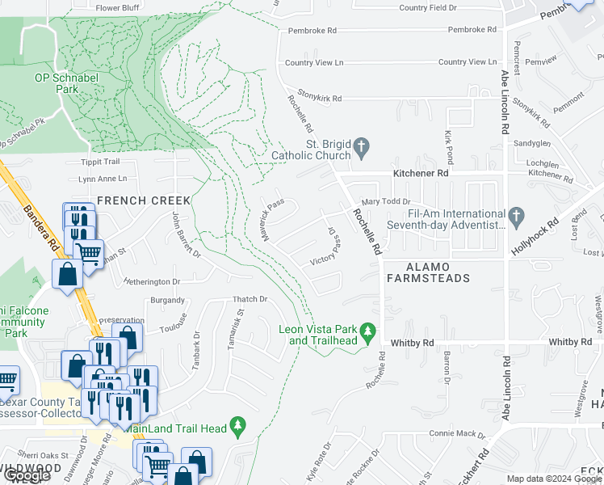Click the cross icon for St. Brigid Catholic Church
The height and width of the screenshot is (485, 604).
[362, 148]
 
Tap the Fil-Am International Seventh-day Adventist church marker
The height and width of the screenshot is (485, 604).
[518, 216]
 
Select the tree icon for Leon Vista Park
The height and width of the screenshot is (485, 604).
[368, 331]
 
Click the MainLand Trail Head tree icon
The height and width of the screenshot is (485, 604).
[237, 424]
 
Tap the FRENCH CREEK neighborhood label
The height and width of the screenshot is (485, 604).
[144, 200]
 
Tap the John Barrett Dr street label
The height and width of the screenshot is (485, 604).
[186, 234]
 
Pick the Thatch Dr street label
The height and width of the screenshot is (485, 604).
[250, 299]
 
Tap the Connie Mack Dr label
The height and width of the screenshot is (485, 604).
[457, 434]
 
